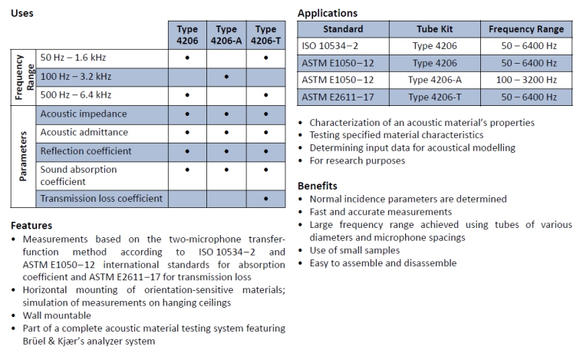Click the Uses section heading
click(22, 13)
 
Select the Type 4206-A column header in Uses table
click(226, 35)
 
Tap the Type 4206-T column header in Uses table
click(265, 35)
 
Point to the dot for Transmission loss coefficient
click(265, 199)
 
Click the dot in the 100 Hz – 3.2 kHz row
click(226, 77)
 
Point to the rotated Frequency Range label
click(23, 77)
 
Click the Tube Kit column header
click(435, 29)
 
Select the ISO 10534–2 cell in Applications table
click(328, 46)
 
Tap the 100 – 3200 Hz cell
click(526, 80)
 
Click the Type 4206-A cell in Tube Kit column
click(435, 80)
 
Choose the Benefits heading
click(318, 186)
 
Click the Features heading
click(31, 226)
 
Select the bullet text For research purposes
click(357, 160)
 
